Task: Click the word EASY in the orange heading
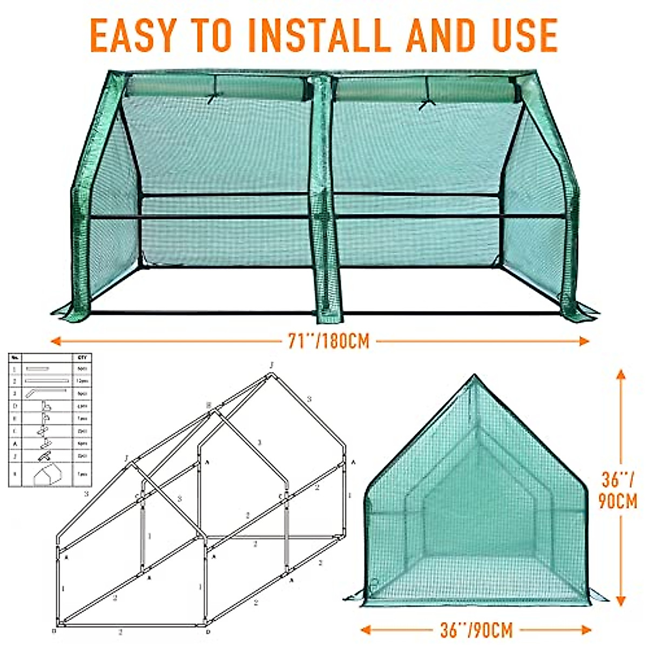tap(132, 35)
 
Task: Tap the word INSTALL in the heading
tap(306, 35)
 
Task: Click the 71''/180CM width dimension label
tap(329, 341)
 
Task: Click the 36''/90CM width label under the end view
tap(476, 630)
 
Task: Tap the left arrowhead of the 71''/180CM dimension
tap(55, 341)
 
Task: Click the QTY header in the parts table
tap(82, 358)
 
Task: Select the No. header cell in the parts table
tap(15, 358)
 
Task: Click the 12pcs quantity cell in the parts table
tap(82, 381)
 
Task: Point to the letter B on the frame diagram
tap(208, 405)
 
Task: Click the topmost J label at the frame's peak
tap(272, 366)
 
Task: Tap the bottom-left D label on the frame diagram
tap(54, 631)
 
